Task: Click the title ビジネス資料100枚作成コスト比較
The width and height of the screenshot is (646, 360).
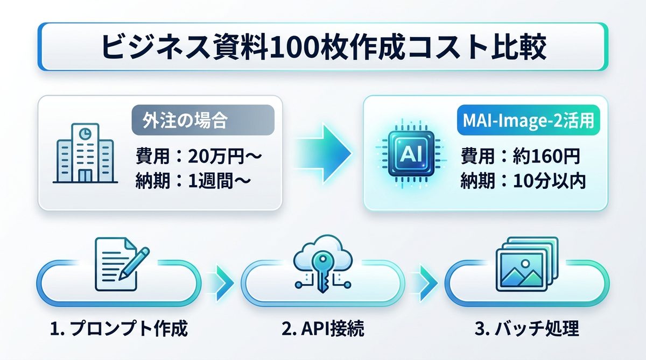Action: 324,47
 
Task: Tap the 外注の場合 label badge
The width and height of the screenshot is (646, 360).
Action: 203,119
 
